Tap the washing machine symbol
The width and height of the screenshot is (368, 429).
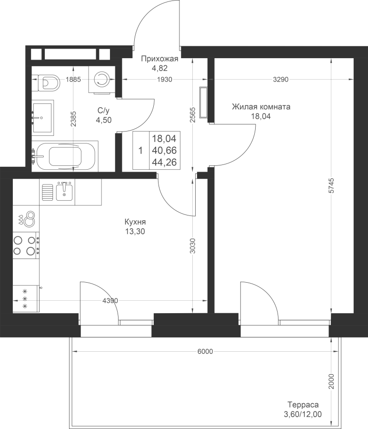pos(101,80)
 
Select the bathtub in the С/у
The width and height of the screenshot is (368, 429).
pos(65,156)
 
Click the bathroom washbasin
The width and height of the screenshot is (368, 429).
pos(43,118)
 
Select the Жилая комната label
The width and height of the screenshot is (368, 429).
pos(261,106)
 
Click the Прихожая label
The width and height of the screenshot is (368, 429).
pos(159,59)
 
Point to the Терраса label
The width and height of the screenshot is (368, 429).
pos(303,404)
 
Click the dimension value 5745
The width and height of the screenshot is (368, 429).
pos(332,186)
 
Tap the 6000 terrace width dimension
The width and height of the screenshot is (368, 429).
pos(205,352)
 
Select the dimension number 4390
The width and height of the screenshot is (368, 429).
pos(110,301)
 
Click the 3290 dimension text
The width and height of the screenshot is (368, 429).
pos(281,80)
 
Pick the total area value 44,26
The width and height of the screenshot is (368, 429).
pos(164,162)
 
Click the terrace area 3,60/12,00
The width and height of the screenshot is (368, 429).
pos(303,415)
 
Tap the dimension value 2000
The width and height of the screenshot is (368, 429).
pos(332,381)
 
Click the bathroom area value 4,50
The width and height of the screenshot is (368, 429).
pos(103,120)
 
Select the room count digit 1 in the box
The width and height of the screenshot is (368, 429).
pos(141,151)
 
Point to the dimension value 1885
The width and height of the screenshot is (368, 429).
pos(73,80)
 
